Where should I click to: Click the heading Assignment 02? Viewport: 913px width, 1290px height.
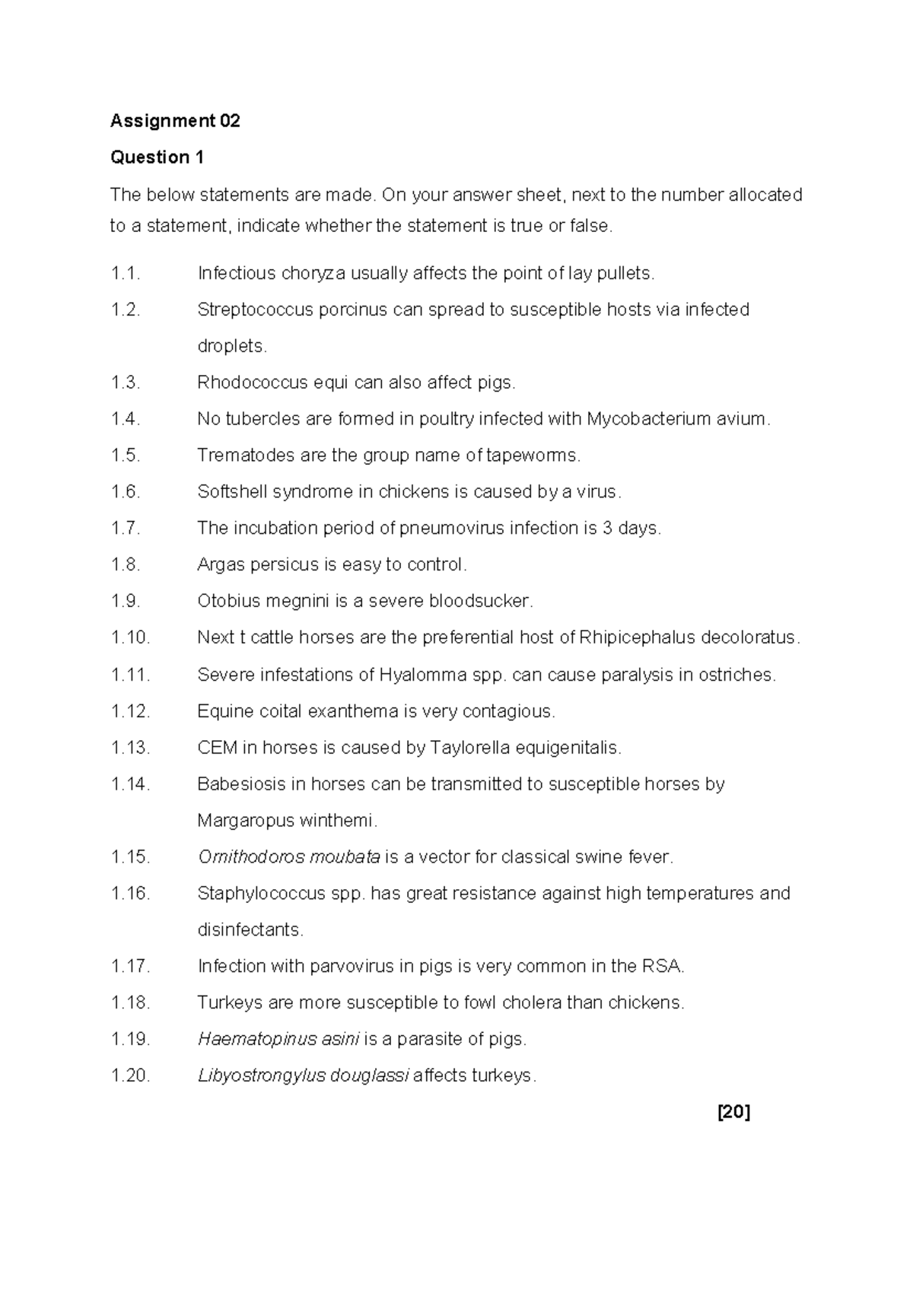(175, 121)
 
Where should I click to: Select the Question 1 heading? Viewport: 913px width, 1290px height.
(157, 157)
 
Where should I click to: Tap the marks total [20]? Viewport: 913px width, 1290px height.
(734, 1112)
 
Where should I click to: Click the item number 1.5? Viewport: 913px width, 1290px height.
(126, 456)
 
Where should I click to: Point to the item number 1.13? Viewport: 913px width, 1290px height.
(130, 748)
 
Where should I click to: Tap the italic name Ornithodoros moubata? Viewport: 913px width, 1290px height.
(289, 857)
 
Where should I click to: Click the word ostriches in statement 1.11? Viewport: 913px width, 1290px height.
(737, 675)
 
